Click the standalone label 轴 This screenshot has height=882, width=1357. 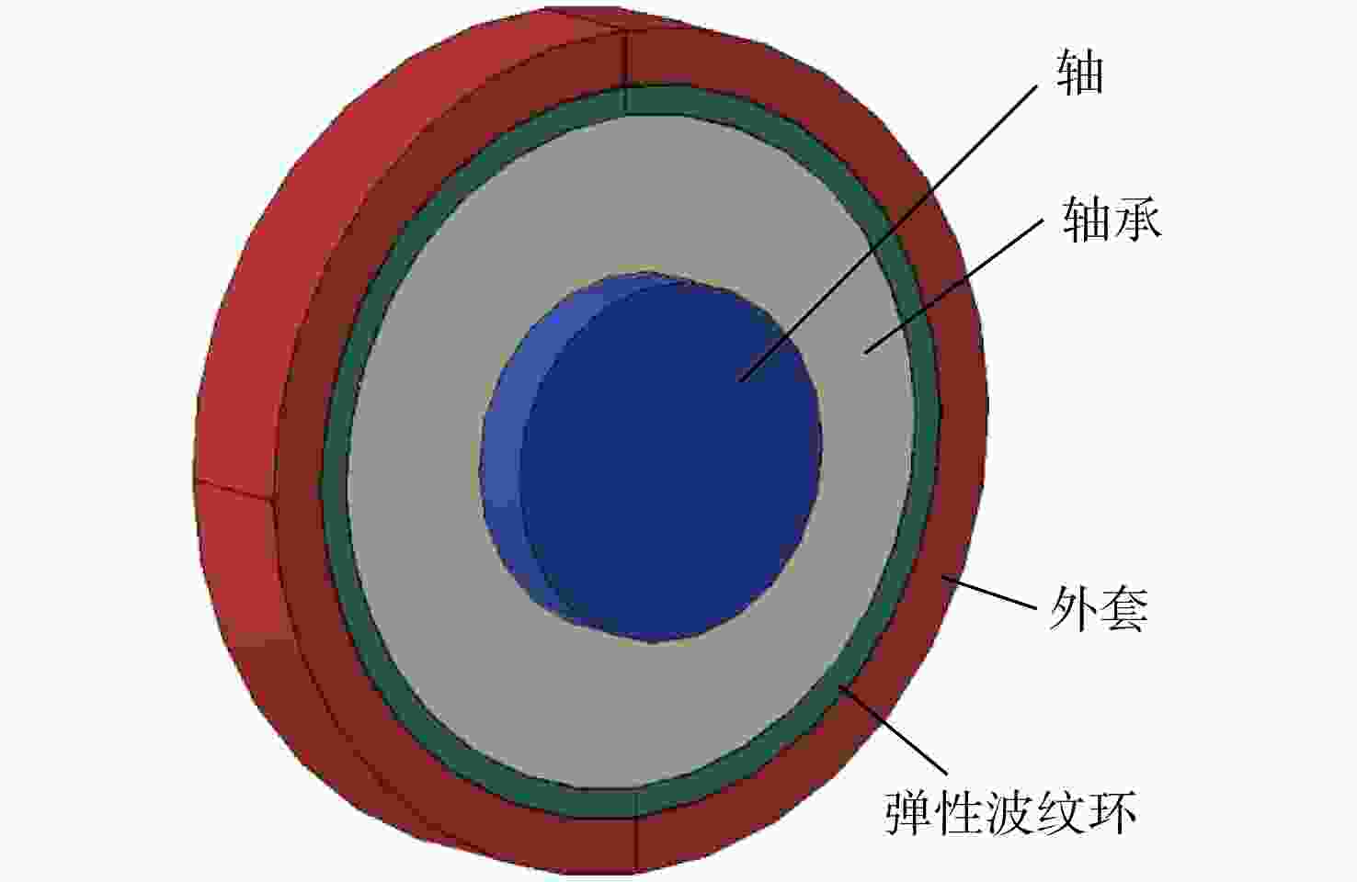tap(1079, 72)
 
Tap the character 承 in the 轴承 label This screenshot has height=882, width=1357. tap(1137, 220)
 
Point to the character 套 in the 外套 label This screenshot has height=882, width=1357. tap(1123, 608)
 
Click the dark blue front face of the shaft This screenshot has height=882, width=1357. tap(667, 460)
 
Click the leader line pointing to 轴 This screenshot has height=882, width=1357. tap(888, 233)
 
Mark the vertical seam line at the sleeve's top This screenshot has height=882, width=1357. tap(624, 70)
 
